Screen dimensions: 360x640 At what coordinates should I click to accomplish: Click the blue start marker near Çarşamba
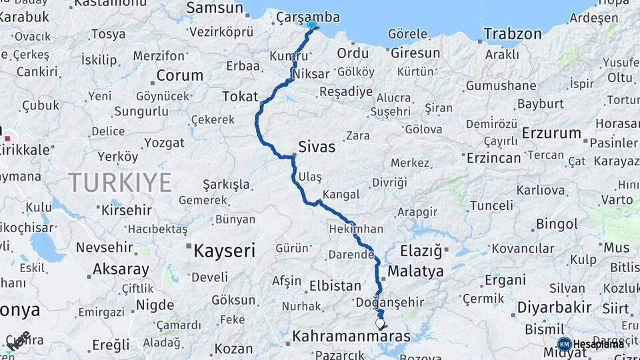pos(311,25)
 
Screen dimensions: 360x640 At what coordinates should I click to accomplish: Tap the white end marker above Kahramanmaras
pos(380,324)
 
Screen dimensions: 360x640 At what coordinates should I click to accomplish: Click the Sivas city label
pos(317,147)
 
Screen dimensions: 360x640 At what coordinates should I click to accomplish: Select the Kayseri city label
pos(224,251)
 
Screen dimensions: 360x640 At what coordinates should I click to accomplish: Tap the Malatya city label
pos(415,271)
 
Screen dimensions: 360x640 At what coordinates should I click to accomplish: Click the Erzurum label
pos(552,133)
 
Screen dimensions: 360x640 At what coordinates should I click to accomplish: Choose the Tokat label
pos(240,97)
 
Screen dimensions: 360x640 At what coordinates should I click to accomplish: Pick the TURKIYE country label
pos(120,181)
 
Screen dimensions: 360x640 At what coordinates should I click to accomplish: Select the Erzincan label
pos(493,157)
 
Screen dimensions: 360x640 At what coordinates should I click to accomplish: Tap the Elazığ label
pos(421,251)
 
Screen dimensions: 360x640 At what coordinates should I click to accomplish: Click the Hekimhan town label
pos(356,229)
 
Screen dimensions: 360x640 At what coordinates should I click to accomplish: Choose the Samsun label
pos(215,8)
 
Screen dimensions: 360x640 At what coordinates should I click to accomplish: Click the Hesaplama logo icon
pos(564,344)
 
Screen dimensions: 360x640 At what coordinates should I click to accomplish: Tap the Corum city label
pos(179,75)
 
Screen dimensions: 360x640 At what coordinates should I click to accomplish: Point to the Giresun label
pos(415,53)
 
